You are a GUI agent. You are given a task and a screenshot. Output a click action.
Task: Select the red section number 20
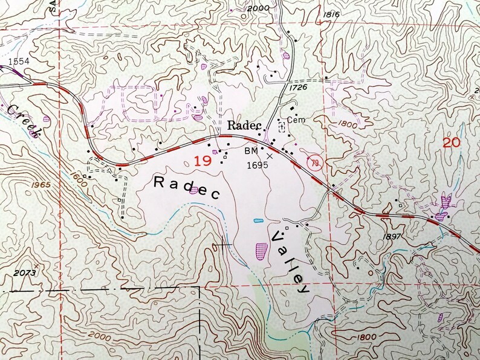(x=450, y=143)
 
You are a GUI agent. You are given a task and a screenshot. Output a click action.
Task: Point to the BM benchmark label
(x=252, y=150)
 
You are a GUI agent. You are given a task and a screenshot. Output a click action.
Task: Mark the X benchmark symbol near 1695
(x=270, y=155)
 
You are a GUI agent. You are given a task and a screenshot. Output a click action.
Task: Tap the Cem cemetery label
(x=296, y=120)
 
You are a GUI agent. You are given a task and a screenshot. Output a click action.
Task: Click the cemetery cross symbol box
(x=281, y=127)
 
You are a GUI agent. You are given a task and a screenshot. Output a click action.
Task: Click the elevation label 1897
(x=392, y=236)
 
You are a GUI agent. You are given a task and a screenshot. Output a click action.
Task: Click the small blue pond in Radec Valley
(x=258, y=220)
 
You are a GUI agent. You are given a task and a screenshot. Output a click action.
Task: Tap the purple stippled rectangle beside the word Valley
(x=261, y=250)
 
